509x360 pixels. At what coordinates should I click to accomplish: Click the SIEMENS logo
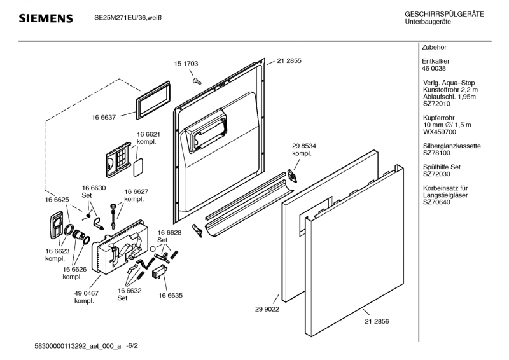pyautogui.click(x=45, y=18)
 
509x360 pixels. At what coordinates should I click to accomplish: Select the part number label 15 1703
pyautogui.click(x=186, y=64)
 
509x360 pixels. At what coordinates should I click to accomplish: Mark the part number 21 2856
pyautogui.click(x=376, y=322)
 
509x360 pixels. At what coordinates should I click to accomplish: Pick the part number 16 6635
pyautogui.click(x=171, y=296)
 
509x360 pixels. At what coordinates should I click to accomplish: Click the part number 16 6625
pyautogui.click(x=57, y=200)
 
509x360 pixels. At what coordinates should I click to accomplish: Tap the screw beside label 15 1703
pyautogui.click(x=197, y=80)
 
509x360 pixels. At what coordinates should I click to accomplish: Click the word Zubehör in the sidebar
pyautogui.click(x=434, y=48)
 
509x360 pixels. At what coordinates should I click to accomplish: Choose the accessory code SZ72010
pyautogui.click(x=436, y=103)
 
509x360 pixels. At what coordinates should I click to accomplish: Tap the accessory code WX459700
pyautogui.click(x=440, y=132)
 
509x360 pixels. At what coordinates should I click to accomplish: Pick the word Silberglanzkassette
pyautogui.click(x=451, y=146)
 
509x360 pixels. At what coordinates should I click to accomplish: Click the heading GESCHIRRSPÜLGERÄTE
pyautogui.click(x=444, y=15)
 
